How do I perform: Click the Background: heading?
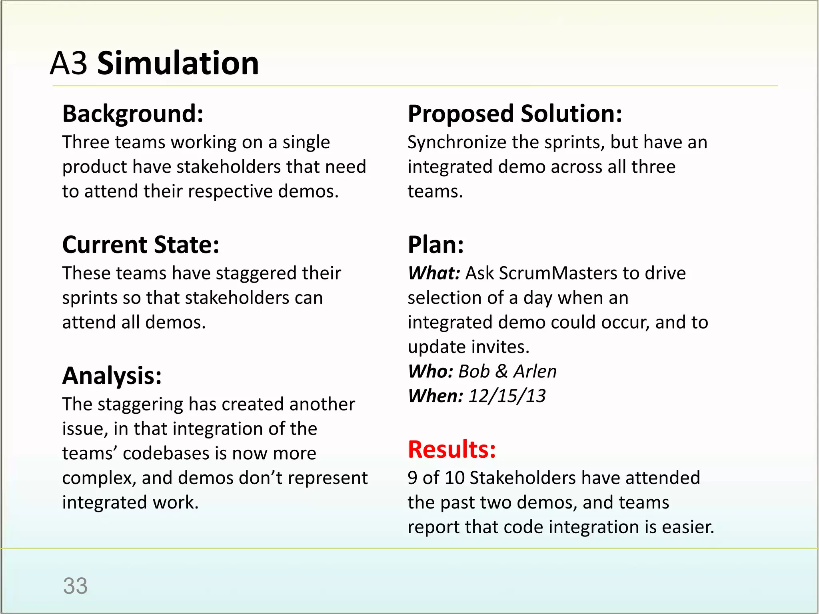point(133,114)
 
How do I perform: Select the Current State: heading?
point(141,245)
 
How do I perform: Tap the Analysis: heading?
point(112,376)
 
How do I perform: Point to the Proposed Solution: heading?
point(515,114)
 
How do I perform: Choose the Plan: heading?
point(436,245)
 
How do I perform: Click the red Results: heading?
point(452,449)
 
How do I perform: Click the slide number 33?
point(75,586)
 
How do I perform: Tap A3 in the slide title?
point(68,64)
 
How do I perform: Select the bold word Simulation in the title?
point(178,64)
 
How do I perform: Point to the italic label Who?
point(430,371)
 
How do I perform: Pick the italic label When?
point(435,396)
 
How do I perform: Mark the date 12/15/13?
point(507,396)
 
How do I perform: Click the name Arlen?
point(535,371)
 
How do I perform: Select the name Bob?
point(474,371)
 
